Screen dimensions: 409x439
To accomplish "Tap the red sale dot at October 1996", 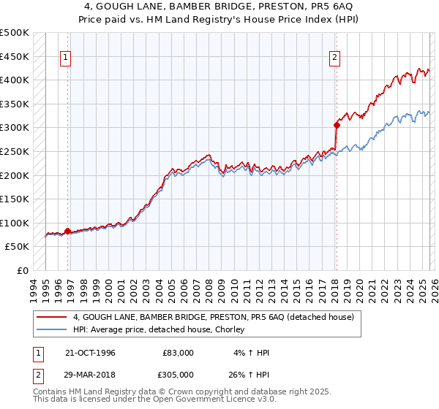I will coord(68,231).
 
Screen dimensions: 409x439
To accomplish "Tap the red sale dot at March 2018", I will coord(337,125).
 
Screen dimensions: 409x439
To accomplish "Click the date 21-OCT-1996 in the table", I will coord(90,353).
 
